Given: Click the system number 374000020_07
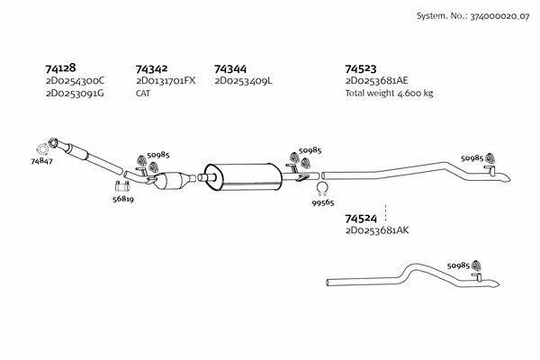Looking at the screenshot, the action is coord(499,16).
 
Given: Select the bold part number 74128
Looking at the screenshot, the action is coord(60,67).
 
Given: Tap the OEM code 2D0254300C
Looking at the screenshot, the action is coord(75,81).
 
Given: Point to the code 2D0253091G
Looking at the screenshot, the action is coord(75,94).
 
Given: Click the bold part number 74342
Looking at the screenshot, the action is coord(151,69).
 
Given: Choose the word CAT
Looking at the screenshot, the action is coord(143,94).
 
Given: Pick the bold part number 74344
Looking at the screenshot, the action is coord(230,69).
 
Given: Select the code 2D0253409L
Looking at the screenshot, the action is coord(244,81).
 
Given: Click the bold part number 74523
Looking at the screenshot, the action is coord(361,68).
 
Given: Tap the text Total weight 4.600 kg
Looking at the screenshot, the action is coord(389,93).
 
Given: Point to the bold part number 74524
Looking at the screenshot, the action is coord(361,219).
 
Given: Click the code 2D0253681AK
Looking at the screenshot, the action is coord(377,230).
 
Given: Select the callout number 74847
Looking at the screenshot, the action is coord(41,161).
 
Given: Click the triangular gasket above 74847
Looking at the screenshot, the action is coord(42,149).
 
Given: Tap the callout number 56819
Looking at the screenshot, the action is coord(123,199).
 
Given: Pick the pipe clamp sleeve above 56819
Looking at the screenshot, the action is coord(121,186).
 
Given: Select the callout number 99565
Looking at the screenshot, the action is coord(323,202).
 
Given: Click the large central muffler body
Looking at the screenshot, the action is coord(243,176).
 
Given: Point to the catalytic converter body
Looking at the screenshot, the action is coord(173,180).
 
